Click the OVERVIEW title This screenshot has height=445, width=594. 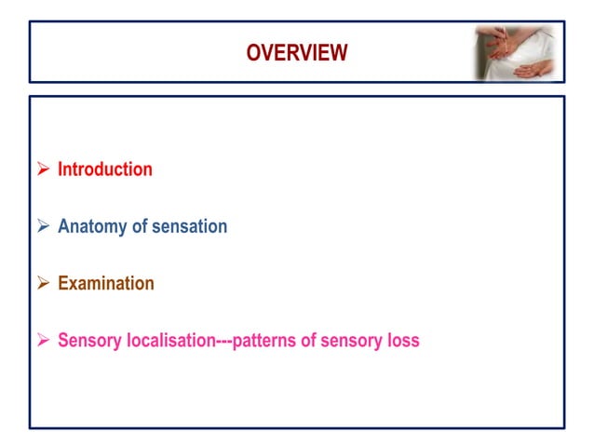pos(296,53)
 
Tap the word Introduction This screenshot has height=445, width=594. pos(104,169)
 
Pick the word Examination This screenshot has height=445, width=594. pos(105,283)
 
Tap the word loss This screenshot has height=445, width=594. pos(402,340)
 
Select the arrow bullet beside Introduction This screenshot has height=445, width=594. pos(43,169)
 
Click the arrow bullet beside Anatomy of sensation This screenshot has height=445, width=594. pos(43,226)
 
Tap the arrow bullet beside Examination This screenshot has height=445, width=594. pos(43,283)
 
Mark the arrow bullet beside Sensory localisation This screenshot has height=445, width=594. pos(43,340)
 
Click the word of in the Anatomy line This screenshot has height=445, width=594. pos(139,226)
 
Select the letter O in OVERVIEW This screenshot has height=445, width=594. pos(253,53)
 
